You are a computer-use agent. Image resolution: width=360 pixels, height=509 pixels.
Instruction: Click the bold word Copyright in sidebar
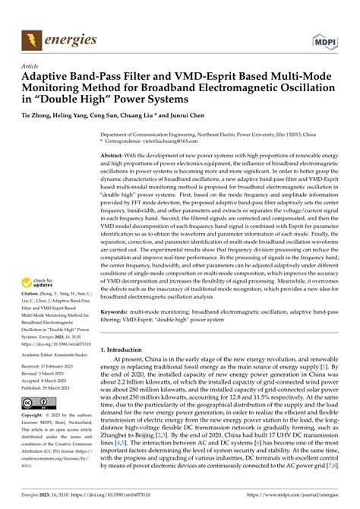tap(32, 416)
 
